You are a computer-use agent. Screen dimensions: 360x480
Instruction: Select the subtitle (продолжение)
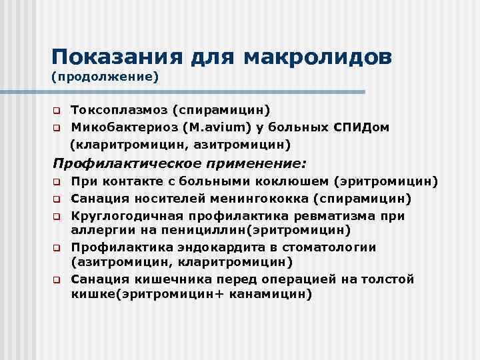tap(105, 77)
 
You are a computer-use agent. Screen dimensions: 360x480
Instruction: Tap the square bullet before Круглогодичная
tap(57, 215)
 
